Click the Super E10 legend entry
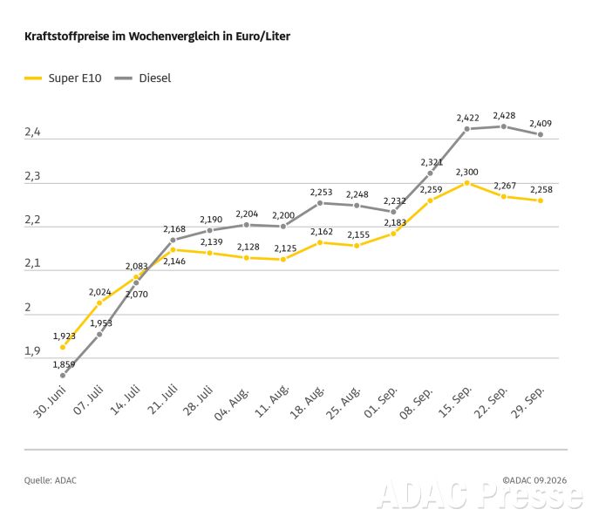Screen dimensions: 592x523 [x=63, y=78]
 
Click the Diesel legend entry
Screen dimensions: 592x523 [x=143, y=78]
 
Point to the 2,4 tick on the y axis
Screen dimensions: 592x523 [x=32, y=132]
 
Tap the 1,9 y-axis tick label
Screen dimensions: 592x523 [x=32, y=351]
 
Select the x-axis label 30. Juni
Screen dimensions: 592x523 [x=50, y=402]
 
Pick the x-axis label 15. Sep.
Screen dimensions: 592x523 [x=455, y=402]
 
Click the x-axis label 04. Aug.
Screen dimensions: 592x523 [x=232, y=403]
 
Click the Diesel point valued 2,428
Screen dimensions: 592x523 [x=504, y=126]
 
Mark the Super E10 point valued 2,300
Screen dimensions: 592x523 [x=467, y=183]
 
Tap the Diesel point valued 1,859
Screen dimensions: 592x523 [x=63, y=376]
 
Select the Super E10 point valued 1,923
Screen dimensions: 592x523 [x=63, y=347]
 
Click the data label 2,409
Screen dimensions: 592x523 [x=541, y=124]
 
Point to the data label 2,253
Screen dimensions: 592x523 [x=322, y=193]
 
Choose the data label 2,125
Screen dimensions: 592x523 [x=285, y=248]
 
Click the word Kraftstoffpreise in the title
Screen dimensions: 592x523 [x=67, y=37]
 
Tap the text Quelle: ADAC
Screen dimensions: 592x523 [x=51, y=480]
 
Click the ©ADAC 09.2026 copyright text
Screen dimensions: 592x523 [x=534, y=480]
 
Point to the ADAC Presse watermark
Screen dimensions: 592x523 [x=480, y=494]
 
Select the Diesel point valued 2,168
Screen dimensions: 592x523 [x=173, y=240]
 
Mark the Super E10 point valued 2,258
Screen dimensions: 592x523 [x=541, y=200]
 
